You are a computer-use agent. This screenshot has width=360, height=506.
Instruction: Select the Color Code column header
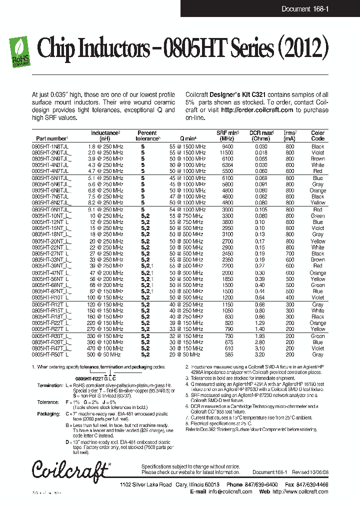click(x=317, y=135)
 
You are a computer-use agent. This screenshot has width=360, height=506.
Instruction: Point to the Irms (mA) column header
click(x=289, y=135)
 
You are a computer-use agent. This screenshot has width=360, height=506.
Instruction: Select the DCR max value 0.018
click(x=260, y=152)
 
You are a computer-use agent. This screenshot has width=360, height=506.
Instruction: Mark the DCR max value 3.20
click(x=260, y=354)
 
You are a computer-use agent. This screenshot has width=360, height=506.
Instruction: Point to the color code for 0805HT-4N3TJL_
click(x=317, y=165)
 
